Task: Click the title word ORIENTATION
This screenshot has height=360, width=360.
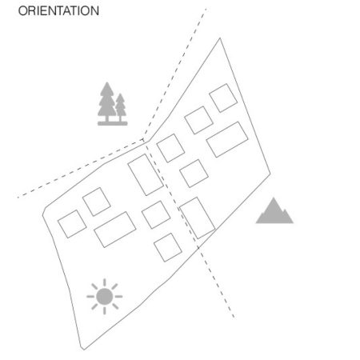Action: (x=58, y=11)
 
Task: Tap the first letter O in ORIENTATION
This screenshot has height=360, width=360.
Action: (x=23, y=11)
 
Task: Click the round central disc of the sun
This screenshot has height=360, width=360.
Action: (x=105, y=297)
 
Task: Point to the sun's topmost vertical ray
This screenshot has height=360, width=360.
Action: (x=105, y=282)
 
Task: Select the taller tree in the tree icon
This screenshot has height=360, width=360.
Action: (x=107, y=102)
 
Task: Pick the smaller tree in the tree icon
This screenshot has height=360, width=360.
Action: (x=121, y=106)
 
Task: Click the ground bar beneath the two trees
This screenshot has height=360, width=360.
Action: (x=113, y=123)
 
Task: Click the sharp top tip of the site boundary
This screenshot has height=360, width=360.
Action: (x=220, y=38)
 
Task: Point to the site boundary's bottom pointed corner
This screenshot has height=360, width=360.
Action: (x=83, y=350)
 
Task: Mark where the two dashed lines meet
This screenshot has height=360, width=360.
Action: (x=143, y=140)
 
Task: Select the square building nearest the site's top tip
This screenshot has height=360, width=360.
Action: (x=223, y=98)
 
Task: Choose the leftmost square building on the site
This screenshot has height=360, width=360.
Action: (x=72, y=224)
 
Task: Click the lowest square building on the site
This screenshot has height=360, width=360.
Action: (x=168, y=247)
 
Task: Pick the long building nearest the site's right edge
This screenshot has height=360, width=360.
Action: (x=227, y=139)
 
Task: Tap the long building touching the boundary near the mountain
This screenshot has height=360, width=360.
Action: (x=198, y=218)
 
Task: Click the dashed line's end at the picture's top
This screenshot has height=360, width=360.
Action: (x=206, y=9)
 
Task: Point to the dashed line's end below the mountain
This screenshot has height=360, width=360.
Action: (x=234, y=317)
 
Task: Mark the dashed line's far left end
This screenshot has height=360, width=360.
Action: (x=18, y=198)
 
